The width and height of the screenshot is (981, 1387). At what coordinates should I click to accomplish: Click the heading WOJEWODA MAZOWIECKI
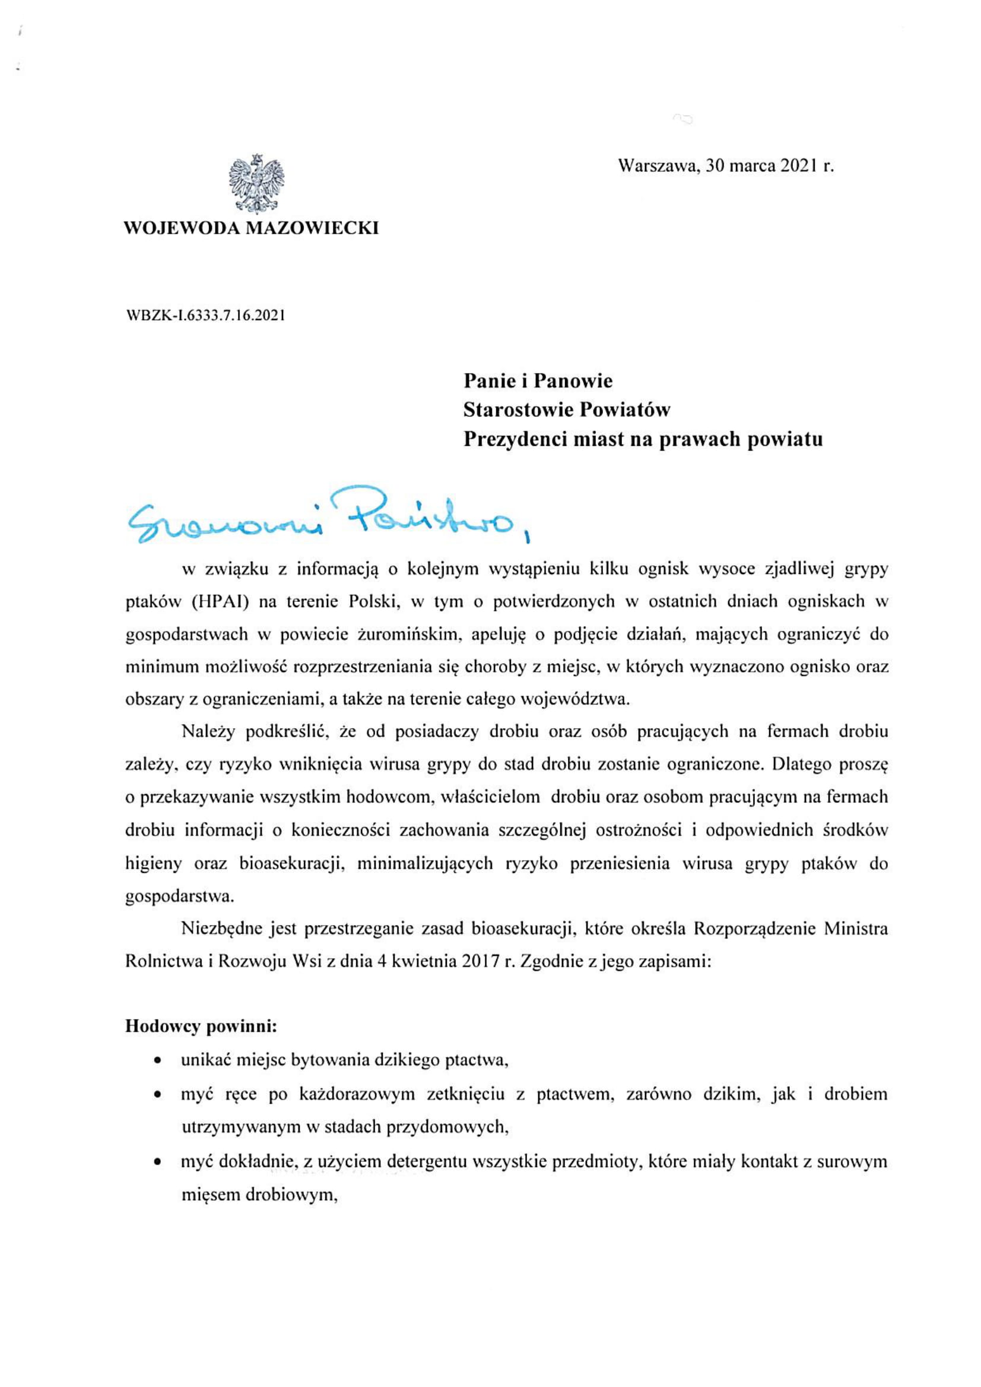coord(251,228)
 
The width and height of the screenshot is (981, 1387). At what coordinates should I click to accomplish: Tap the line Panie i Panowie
coord(538,381)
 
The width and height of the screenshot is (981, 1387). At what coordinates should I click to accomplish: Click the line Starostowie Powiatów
coord(567,410)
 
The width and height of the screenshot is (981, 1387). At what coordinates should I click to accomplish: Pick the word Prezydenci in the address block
coord(512,439)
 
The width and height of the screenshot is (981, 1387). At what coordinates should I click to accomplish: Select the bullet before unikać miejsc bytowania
coord(158,1060)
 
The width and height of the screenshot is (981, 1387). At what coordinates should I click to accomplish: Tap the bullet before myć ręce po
coord(158,1093)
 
